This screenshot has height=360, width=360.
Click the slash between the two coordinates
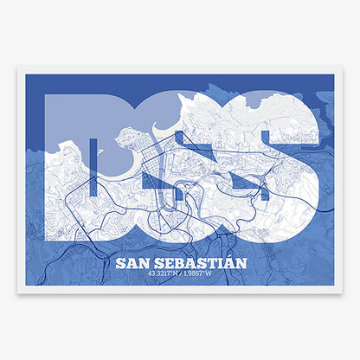[180, 275]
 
